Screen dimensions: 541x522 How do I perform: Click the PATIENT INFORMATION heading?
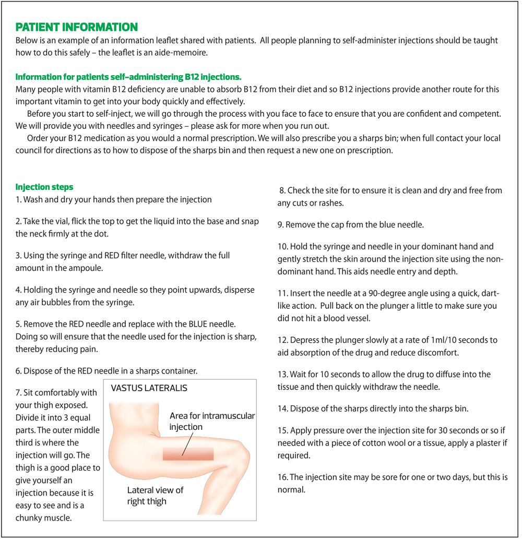coord(77,27)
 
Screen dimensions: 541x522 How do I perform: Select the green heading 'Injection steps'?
coord(44,187)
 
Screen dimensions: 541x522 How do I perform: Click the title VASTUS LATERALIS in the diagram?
coord(149,388)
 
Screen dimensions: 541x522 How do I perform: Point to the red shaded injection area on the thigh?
coord(188,453)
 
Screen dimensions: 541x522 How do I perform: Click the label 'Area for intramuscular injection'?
coord(212,421)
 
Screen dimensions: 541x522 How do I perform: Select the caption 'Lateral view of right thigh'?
coord(156,496)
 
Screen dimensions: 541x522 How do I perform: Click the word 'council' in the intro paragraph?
coord(30,151)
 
